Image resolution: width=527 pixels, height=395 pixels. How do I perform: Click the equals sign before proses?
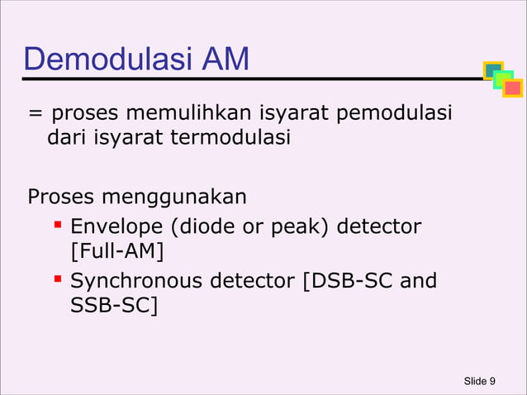click(x=35, y=113)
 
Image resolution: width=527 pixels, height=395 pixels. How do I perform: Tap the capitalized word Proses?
click(x=62, y=197)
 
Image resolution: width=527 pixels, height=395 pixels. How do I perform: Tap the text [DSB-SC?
click(x=348, y=281)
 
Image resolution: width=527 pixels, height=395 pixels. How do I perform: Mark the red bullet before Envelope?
click(x=59, y=224)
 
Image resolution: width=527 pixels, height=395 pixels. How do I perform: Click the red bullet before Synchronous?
click(x=59, y=279)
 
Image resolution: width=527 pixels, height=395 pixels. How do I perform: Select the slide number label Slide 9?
click(x=479, y=380)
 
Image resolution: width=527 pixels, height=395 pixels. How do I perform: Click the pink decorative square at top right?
click(x=512, y=88)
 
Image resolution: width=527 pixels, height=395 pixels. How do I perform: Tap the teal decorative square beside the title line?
click(x=492, y=71)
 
